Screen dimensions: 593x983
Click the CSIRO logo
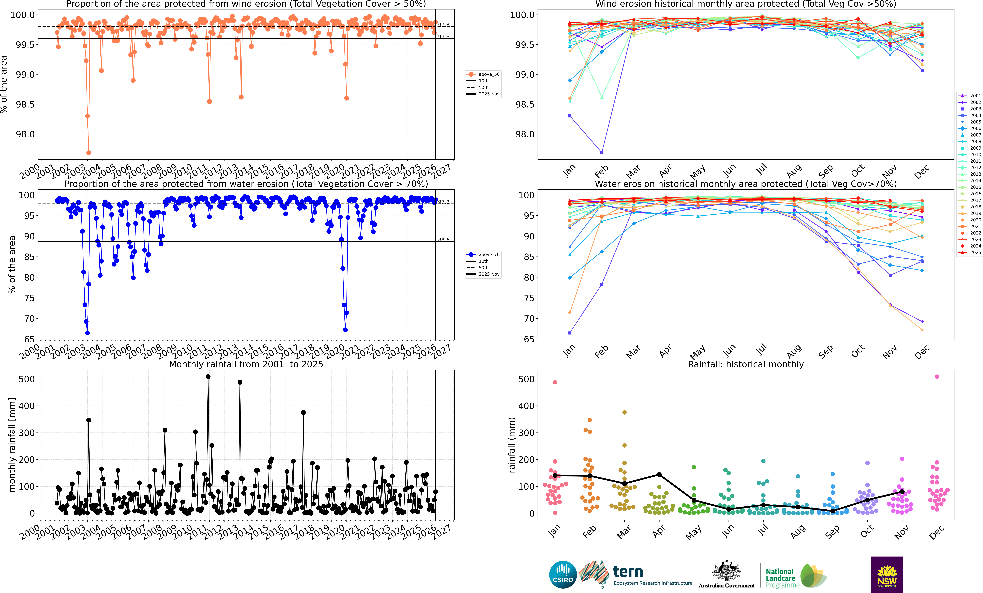[562, 575]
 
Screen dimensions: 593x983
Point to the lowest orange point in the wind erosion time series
[89, 153]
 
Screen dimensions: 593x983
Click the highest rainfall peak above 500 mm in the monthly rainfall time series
[208, 376]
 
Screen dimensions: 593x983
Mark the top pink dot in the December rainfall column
[937, 376]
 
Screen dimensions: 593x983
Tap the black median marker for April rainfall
[659, 475]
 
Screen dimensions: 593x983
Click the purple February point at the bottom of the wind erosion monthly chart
[602, 153]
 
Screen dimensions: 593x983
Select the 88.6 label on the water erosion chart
[444, 240]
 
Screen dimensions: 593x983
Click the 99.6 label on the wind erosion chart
[444, 37]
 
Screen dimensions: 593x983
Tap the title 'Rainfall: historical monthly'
[746, 364]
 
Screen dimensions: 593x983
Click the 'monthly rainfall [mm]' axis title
[12, 445]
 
